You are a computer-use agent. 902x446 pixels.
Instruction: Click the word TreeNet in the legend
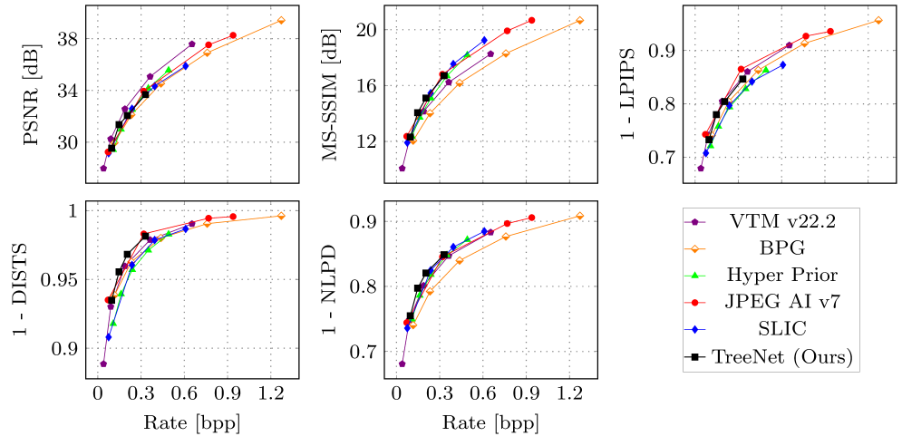tap(749, 357)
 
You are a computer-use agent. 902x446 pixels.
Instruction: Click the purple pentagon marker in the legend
tap(694, 221)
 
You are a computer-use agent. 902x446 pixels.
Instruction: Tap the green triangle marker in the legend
tap(694, 275)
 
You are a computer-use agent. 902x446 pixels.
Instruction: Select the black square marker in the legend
tap(694, 357)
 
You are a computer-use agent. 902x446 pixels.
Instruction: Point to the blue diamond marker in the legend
tap(694, 329)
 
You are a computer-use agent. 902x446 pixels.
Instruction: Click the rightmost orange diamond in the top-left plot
tap(281, 20)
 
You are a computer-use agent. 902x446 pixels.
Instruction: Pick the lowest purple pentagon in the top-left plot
tap(103, 168)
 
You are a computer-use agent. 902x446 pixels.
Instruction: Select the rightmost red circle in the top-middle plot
tap(531, 20)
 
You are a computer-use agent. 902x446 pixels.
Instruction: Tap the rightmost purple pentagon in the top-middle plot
tap(490, 53)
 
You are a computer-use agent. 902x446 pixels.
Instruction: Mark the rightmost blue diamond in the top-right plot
tap(783, 65)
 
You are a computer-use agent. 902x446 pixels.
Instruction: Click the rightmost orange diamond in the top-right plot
tap(878, 20)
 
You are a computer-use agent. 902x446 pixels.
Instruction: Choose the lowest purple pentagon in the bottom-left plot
tap(103, 364)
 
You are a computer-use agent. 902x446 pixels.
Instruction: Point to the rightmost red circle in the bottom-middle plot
tap(531, 218)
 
